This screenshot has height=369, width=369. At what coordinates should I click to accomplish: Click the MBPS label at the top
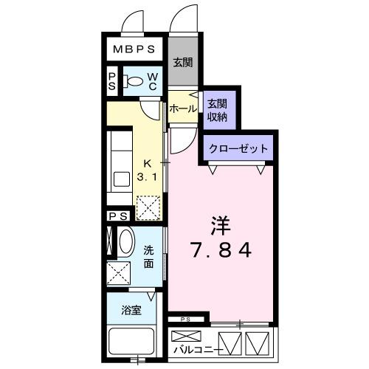coord(134,50)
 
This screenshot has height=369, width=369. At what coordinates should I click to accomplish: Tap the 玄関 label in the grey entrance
coord(183,62)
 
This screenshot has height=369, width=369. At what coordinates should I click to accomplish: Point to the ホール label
coord(183,108)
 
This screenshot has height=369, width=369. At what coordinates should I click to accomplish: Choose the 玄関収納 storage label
coord(216,109)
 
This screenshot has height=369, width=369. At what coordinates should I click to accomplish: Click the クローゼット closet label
coord(238,148)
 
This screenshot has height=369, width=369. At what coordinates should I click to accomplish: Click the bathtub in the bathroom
coord(132,342)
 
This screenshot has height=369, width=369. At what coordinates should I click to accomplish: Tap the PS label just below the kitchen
coord(118,216)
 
